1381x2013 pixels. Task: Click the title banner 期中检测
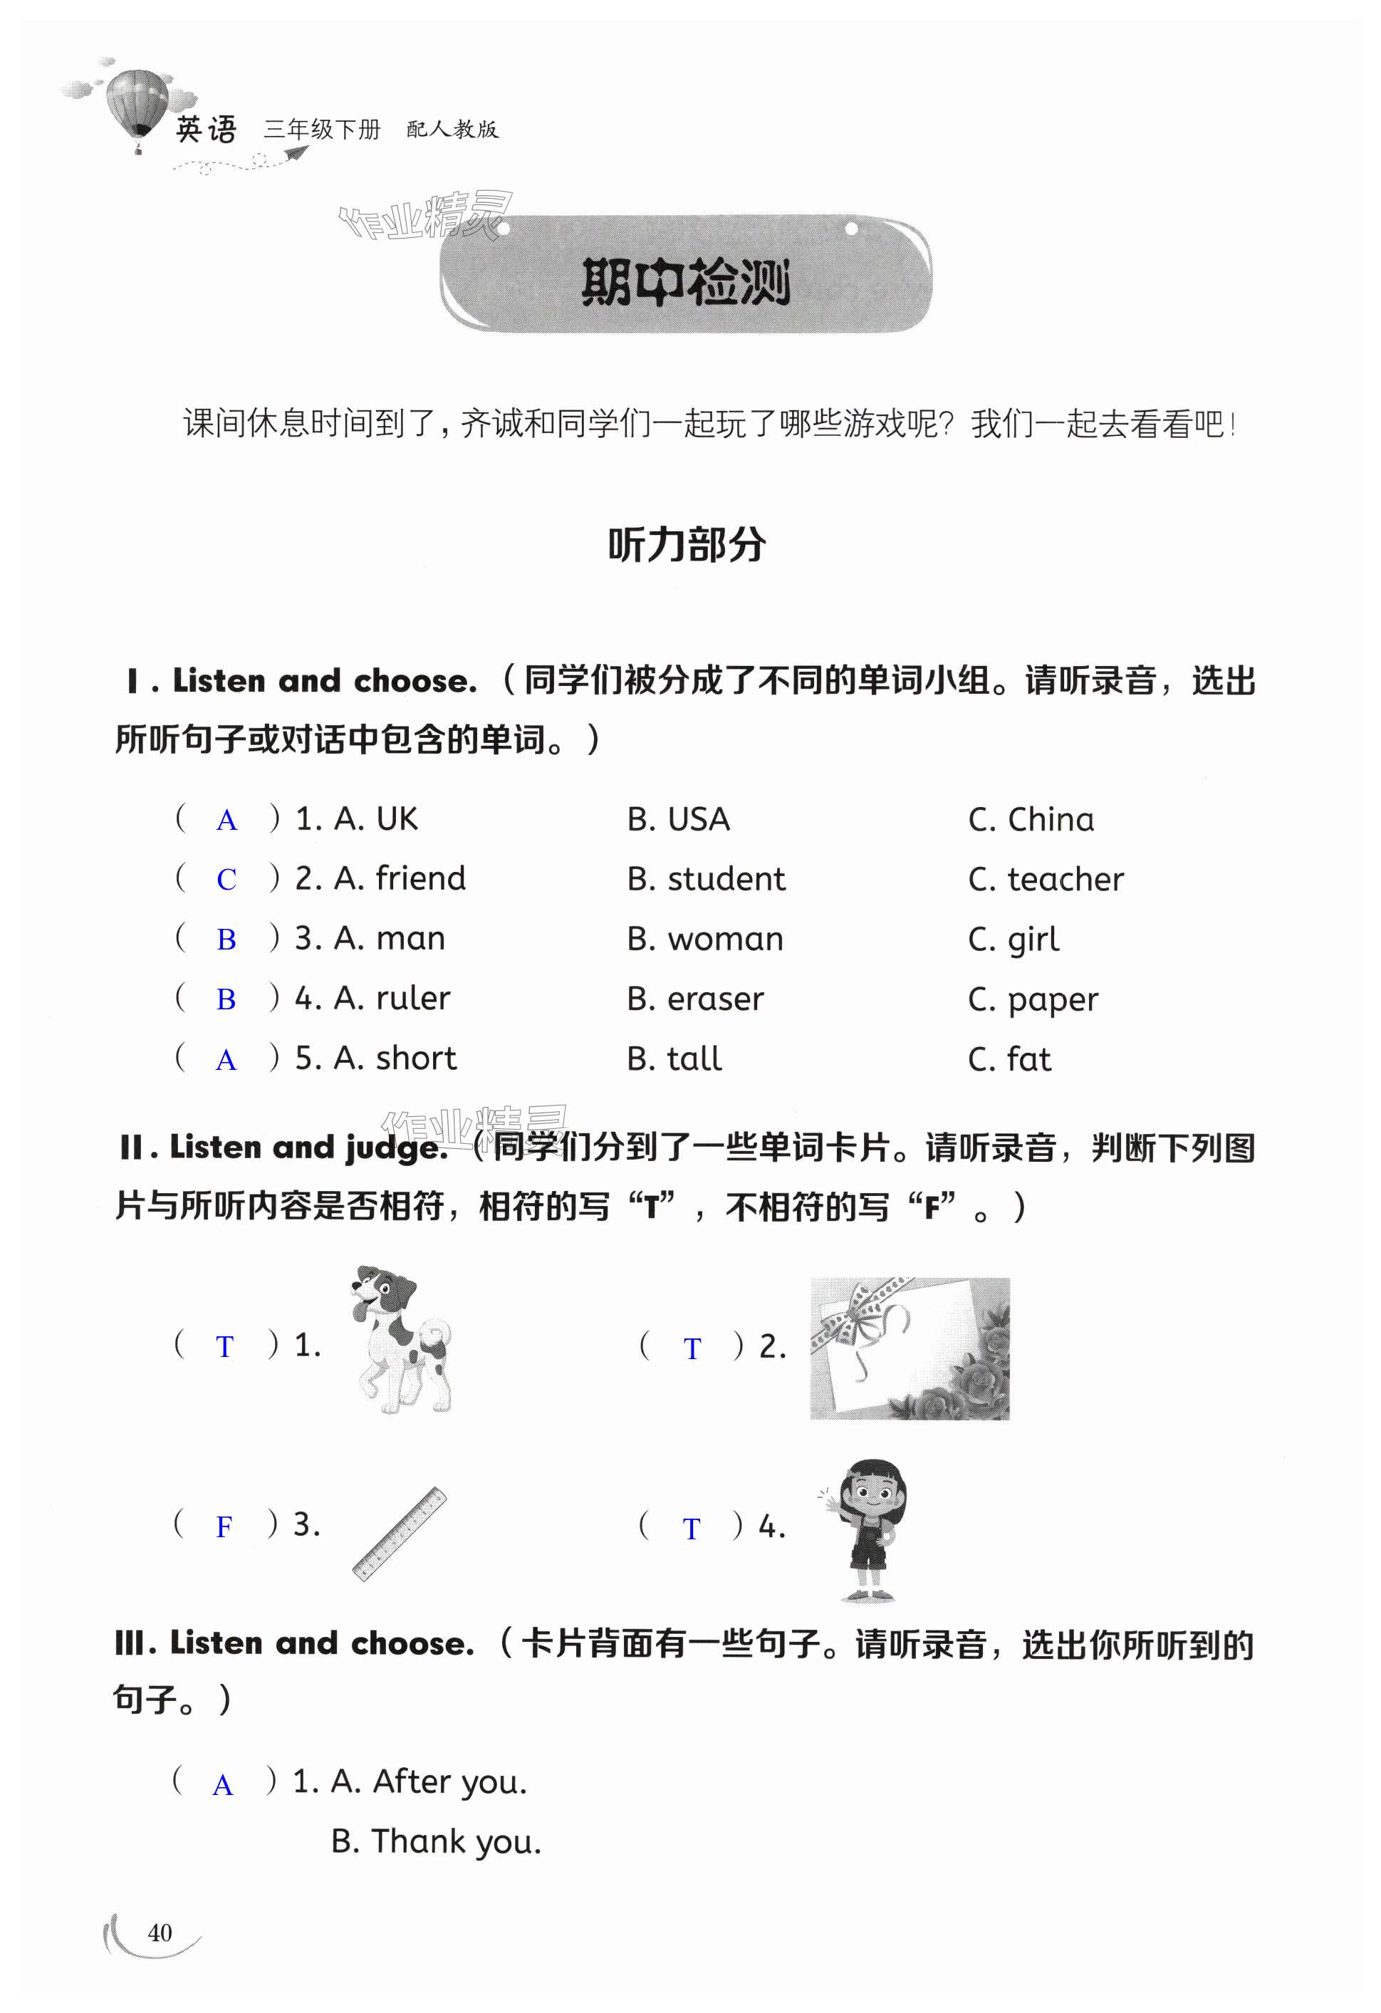686,281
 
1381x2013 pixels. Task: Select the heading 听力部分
687,545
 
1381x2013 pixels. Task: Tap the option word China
1051,819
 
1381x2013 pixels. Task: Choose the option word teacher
1065,879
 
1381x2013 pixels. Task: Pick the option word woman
725,939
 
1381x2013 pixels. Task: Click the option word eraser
715,999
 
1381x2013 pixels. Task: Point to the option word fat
1028,1058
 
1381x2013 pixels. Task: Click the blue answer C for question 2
226,879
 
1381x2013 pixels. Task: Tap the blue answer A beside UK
226,819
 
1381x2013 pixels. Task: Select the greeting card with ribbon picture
909,1348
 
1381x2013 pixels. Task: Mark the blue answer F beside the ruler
224,1526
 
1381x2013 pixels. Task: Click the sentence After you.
449,1781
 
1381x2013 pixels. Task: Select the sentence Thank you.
457,1841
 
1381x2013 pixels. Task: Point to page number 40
160,1933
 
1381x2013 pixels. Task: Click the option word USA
698,819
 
